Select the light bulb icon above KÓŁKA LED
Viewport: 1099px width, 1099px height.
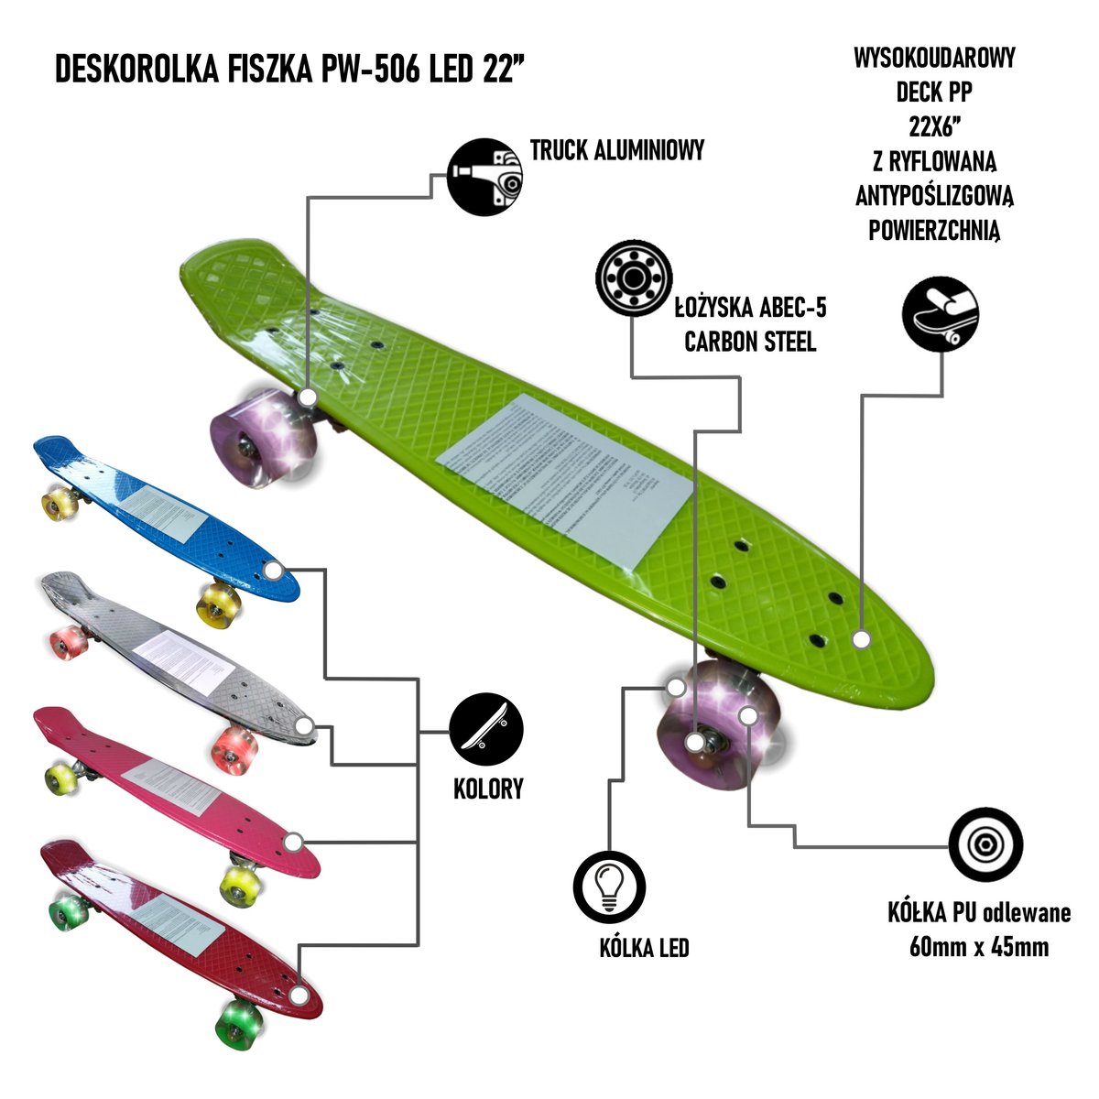tap(609, 887)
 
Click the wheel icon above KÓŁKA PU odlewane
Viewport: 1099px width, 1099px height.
tap(985, 843)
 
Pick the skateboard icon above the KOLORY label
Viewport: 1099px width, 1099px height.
tap(485, 734)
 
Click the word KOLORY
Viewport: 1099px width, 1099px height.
tap(488, 789)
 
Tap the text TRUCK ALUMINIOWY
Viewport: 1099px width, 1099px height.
tap(617, 150)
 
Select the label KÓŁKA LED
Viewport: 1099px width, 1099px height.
tap(644, 948)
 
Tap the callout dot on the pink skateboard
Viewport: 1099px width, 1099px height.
tap(293, 842)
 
